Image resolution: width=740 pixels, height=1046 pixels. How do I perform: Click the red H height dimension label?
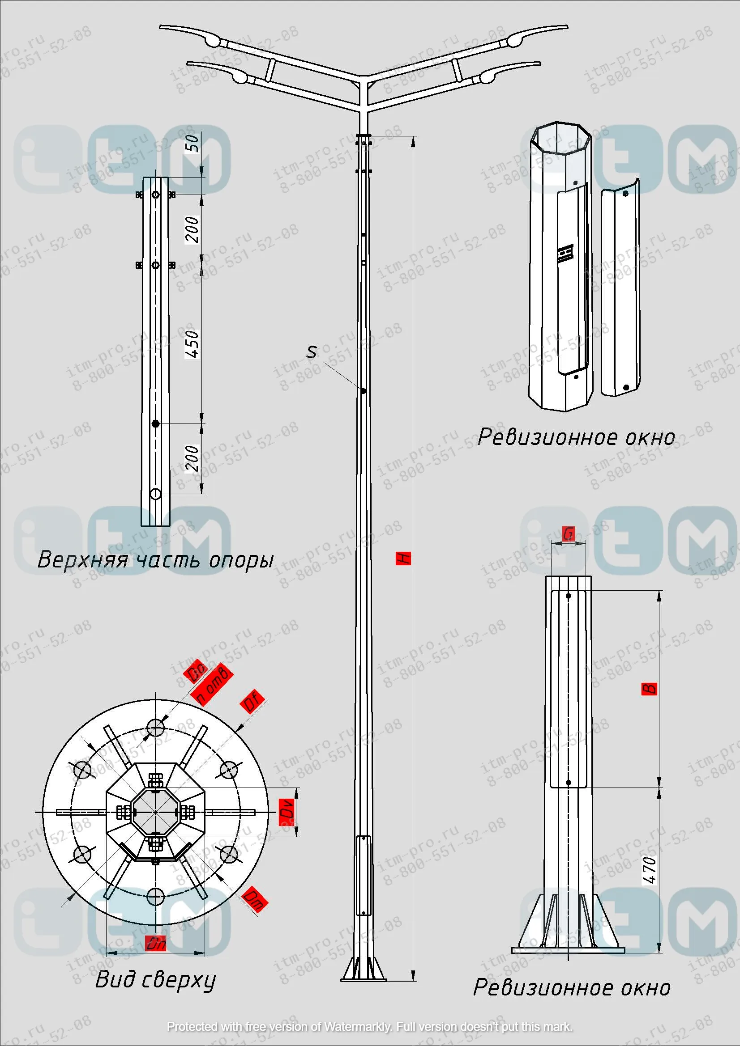click(x=403, y=558)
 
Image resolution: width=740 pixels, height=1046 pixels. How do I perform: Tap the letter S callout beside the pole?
click(x=312, y=352)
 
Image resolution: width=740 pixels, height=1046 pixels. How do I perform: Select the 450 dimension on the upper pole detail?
click(x=192, y=344)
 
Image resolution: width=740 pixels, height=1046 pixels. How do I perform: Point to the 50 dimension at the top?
click(x=192, y=143)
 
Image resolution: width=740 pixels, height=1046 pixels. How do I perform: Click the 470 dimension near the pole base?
click(x=649, y=871)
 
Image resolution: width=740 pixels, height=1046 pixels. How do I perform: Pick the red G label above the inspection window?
click(x=568, y=534)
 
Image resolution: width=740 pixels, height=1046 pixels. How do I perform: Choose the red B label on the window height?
click(x=649, y=688)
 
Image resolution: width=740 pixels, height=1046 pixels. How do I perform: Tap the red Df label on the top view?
click(x=252, y=702)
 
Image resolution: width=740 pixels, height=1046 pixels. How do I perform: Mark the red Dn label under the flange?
click(x=155, y=944)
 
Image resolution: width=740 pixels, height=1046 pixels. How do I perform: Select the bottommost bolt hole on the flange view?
click(x=156, y=898)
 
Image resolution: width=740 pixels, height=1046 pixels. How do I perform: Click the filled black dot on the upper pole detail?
click(x=155, y=423)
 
